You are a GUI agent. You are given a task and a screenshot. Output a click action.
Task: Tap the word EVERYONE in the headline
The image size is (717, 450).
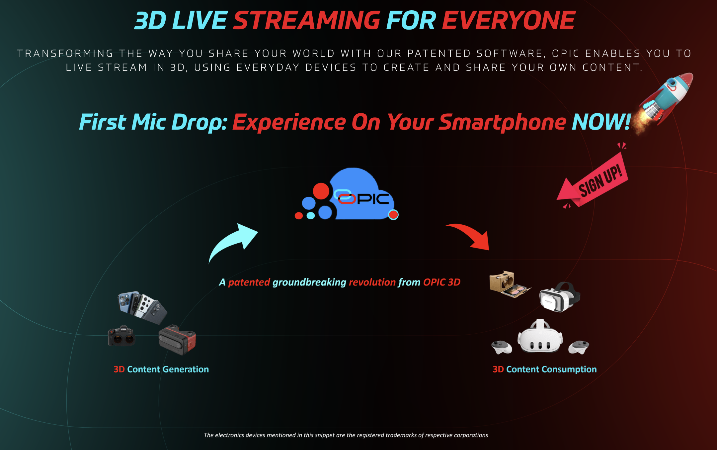point(509,20)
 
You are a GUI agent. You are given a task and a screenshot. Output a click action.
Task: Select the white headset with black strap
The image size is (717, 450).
point(559,297)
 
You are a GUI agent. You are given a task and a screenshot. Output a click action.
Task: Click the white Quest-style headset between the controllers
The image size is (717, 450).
point(540,337)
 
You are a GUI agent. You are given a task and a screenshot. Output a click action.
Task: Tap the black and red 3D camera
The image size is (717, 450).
point(177,339)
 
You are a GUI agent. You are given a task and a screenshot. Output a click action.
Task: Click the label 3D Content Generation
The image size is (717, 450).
point(161,369)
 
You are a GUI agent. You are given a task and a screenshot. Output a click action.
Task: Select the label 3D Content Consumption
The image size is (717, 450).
point(545,369)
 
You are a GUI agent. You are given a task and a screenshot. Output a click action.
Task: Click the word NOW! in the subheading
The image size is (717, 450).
point(601,122)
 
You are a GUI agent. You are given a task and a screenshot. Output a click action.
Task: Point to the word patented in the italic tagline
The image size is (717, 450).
point(249,282)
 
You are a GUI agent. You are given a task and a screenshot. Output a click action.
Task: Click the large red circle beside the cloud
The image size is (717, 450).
point(321,191)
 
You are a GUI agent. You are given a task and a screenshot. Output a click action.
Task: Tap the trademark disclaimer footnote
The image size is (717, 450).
point(346,435)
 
